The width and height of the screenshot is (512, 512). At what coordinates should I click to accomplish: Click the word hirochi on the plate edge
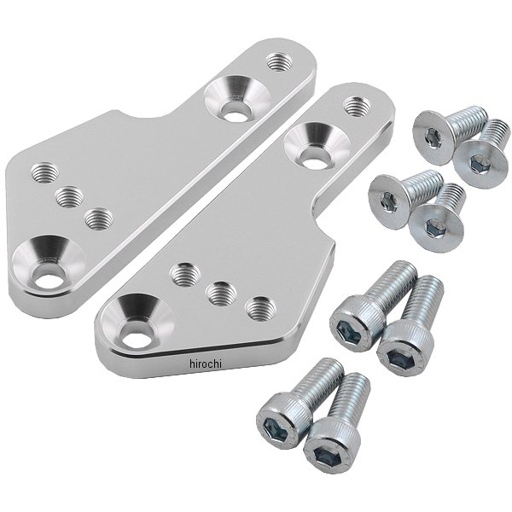206,364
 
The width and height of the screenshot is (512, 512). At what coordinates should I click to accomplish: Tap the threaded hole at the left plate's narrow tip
279,62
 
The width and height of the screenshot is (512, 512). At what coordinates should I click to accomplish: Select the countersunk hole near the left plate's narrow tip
237,99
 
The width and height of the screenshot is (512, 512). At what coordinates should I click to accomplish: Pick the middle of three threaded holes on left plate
69,197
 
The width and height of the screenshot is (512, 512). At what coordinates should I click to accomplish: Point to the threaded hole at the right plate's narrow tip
358,106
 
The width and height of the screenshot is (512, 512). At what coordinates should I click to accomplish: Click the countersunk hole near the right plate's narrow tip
317,145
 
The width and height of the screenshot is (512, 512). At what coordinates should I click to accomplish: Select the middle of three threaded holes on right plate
223,294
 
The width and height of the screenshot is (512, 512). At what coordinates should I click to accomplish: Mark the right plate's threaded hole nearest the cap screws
262,309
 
